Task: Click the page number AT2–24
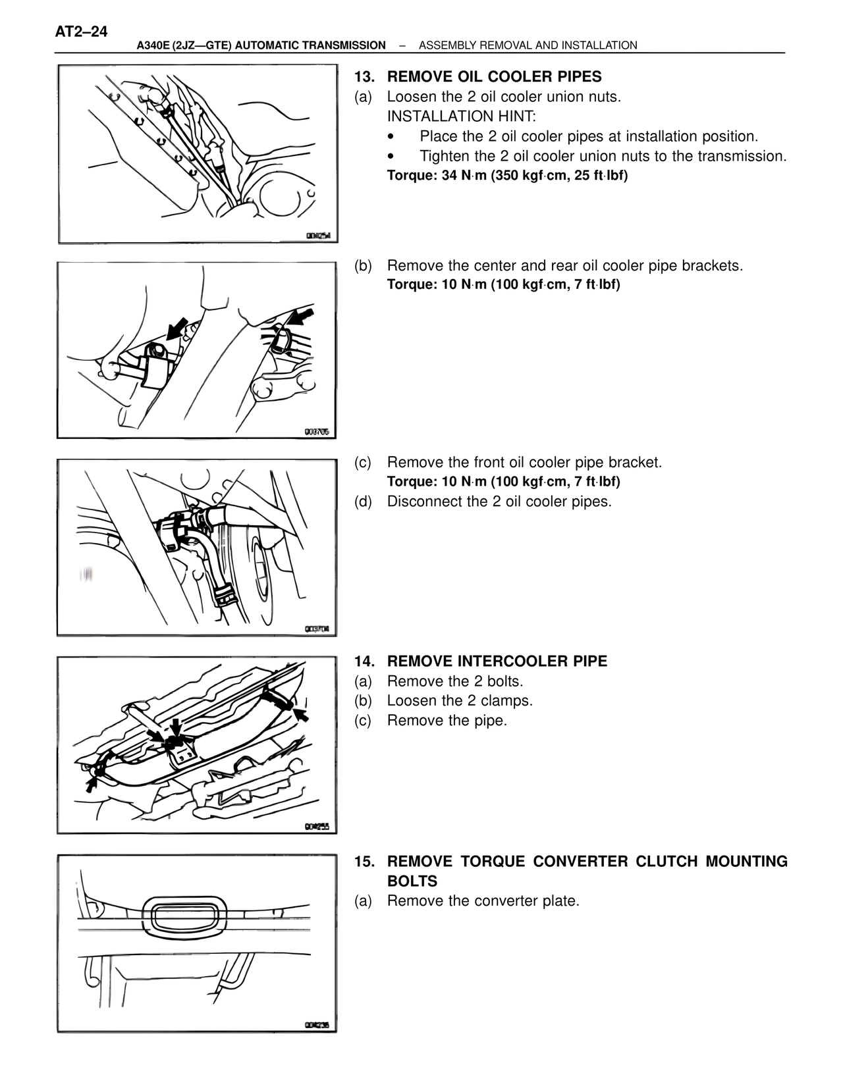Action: pos(82,32)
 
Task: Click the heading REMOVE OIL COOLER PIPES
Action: pos(494,76)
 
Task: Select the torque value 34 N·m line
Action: pos(507,176)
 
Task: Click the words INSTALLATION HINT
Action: pos(461,117)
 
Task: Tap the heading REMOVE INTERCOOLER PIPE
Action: pos(497,661)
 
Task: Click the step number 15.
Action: pos(364,862)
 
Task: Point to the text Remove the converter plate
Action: pos(483,900)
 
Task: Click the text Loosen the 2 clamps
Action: pos(460,700)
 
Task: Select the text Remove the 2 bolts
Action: pos(454,681)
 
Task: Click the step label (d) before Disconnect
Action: pos(363,502)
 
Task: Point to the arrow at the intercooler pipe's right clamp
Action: pos(301,714)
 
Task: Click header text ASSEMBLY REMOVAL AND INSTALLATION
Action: pos(528,45)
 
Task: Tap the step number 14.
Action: pos(364,661)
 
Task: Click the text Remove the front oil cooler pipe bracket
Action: pos(524,462)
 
